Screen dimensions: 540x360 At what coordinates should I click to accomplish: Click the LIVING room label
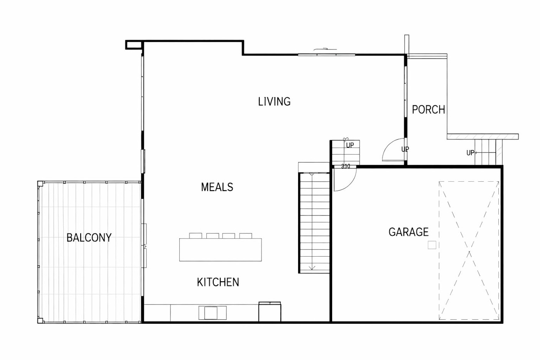pyautogui.click(x=274, y=101)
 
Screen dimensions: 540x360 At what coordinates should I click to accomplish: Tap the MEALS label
pyautogui.click(x=217, y=187)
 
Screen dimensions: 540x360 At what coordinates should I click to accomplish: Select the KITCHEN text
pyautogui.click(x=218, y=282)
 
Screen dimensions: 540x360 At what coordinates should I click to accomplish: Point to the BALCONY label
pyautogui.click(x=89, y=238)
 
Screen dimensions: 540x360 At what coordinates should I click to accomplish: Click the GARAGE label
pyautogui.click(x=408, y=232)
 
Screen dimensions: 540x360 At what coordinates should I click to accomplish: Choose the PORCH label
pyautogui.click(x=429, y=110)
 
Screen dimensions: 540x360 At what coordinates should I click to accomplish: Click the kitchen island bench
pyautogui.click(x=220, y=250)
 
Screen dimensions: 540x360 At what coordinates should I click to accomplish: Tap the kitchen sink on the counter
pyautogui.click(x=213, y=313)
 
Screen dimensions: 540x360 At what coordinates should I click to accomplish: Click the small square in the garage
pyautogui.click(x=432, y=245)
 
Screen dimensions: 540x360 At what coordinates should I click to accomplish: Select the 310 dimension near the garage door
pyautogui.click(x=346, y=166)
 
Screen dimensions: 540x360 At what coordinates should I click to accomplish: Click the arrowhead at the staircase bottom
pyautogui.click(x=312, y=268)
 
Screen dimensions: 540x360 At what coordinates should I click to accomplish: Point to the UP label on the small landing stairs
pyautogui.click(x=350, y=145)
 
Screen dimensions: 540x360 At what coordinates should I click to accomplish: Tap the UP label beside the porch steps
pyautogui.click(x=470, y=153)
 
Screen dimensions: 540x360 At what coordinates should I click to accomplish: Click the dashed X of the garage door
pyautogui.click(x=469, y=250)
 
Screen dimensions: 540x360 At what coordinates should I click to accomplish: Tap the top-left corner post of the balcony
pyautogui.click(x=40, y=184)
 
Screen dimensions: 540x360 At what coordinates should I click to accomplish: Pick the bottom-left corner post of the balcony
pyautogui.click(x=40, y=321)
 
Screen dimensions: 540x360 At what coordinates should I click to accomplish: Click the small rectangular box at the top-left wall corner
pyautogui.click(x=133, y=45)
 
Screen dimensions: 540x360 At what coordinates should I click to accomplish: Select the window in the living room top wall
pyautogui.click(x=326, y=55)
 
